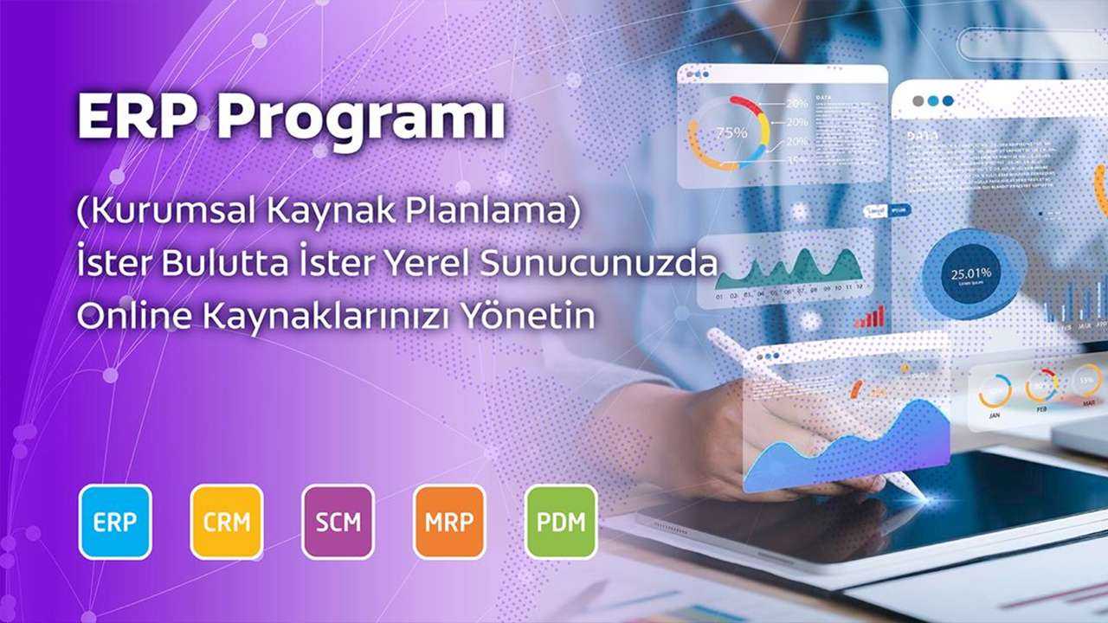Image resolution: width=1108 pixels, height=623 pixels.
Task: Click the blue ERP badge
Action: (x=115, y=522)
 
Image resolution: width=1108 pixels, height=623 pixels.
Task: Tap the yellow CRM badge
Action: (x=227, y=522)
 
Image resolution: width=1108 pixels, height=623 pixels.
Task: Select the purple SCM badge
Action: (x=338, y=522)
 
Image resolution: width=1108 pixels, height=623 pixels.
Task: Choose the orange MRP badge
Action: (x=449, y=522)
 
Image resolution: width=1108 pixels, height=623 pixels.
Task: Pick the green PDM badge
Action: (x=561, y=522)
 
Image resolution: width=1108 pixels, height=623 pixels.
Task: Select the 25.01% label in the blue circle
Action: (x=970, y=274)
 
